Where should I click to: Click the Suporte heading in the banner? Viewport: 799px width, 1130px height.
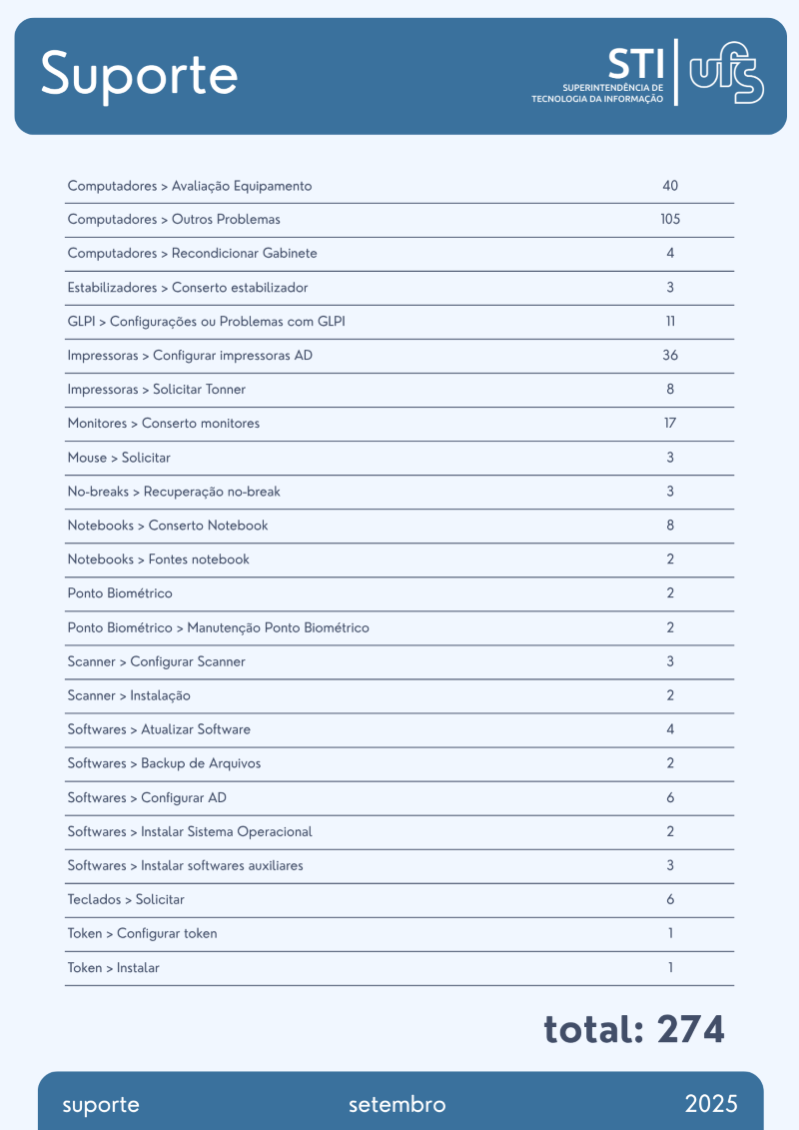[139, 74]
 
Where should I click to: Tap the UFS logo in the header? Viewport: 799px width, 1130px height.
[727, 73]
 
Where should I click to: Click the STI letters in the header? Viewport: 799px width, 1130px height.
[635, 64]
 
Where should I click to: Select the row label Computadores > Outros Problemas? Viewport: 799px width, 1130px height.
[174, 220]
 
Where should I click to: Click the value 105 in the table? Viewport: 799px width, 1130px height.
[670, 220]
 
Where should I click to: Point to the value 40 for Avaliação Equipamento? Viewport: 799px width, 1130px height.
[670, 186]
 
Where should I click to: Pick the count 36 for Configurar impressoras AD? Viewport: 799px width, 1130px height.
[670, 356]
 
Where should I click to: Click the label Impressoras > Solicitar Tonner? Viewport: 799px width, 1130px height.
[156, 390]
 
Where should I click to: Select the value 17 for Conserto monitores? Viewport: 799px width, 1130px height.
[670, 424]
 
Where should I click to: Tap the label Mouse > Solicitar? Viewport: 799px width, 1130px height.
[119, 458]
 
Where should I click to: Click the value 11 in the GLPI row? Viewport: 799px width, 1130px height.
[670, 322]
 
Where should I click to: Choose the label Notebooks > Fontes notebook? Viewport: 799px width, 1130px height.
[158, 560]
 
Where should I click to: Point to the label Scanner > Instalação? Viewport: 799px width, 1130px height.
[129, 695]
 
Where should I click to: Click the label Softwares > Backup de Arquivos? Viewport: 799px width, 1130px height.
[164, 763]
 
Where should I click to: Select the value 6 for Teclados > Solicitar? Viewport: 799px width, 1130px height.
[670, 899]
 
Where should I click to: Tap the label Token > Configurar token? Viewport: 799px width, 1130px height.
[142, 933]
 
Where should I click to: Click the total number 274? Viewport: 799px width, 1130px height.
[691, 1029]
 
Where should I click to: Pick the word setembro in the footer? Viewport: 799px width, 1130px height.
[397, 1105]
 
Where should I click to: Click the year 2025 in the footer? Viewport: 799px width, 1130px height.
[711, 1104]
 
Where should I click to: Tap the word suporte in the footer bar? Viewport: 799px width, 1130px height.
[101, 1105]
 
